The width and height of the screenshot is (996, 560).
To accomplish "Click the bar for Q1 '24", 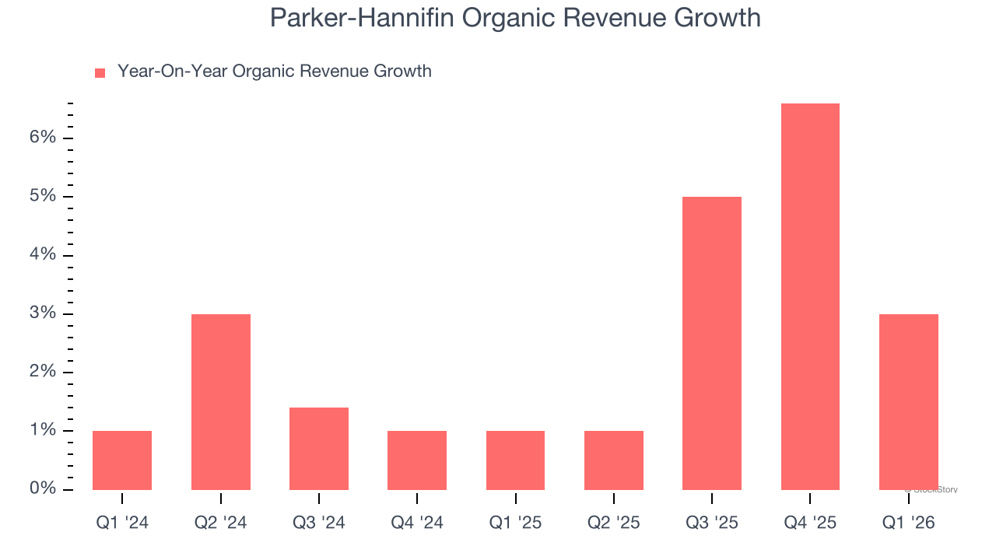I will click(x=122, y=460).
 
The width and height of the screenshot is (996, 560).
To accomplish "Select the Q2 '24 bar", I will click(x=221, y=402).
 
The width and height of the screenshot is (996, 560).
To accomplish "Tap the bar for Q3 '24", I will click(x=319, y=449).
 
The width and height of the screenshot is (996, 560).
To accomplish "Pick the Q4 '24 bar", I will click(x=417, y=460).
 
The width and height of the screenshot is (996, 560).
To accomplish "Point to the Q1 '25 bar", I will click(x=515, y=460).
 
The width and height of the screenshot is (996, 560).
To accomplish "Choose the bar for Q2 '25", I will click(x=614, y=460).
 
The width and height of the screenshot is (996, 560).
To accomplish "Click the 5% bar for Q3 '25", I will click(x=712, y=343).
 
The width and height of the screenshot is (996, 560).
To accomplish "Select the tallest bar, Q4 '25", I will click(x=810, y=296).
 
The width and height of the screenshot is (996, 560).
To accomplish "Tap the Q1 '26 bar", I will click(x=909, y=402).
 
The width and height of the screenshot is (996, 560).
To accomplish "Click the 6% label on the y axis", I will click(x=44, y=138).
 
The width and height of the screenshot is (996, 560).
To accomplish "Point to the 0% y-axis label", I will click(x=44, y=489).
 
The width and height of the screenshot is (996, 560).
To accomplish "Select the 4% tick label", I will click(x=44, y=255).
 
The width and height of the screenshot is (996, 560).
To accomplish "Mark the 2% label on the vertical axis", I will click(x=44, y=372).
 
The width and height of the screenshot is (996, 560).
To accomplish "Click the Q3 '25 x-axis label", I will click(x=712, y=523).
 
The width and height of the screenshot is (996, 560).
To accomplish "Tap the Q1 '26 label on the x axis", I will click(x=909, y=523).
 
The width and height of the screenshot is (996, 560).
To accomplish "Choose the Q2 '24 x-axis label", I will click(x=221, y=523).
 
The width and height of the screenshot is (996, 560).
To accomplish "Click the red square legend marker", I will click(x=100, y=73).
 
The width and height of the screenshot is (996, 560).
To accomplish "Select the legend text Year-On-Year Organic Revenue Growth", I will click(x=274, y=72).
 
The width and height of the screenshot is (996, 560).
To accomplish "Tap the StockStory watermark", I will click(x=931, y=490).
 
